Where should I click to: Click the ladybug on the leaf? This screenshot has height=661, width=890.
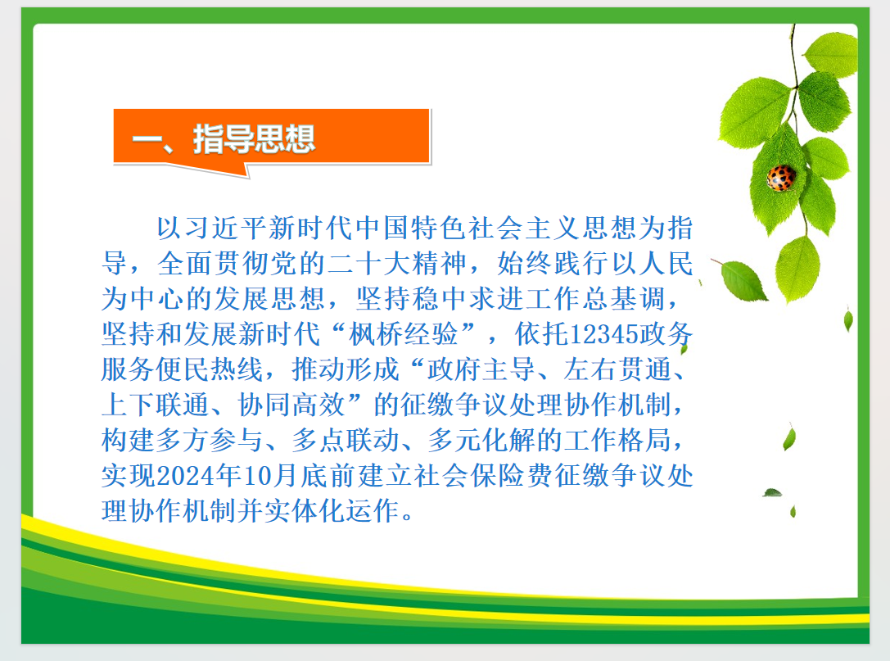(x=780, y=178)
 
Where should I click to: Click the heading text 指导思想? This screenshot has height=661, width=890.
(x=255, y=139)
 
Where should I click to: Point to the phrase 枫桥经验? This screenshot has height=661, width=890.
(x=404, y=334)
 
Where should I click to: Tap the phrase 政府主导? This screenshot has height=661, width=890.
(x=481, y=369)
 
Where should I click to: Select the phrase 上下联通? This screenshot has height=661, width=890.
(x=156, y=405)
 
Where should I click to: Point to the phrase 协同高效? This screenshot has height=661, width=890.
(x=291, y=405)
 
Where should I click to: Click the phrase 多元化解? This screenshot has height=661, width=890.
(x=482, y=440)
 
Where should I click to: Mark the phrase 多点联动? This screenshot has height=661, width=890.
(x=346, y=440)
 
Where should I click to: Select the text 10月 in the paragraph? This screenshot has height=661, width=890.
(x=269, y=475)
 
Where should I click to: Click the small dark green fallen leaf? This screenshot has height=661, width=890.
(x=772, y=492)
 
